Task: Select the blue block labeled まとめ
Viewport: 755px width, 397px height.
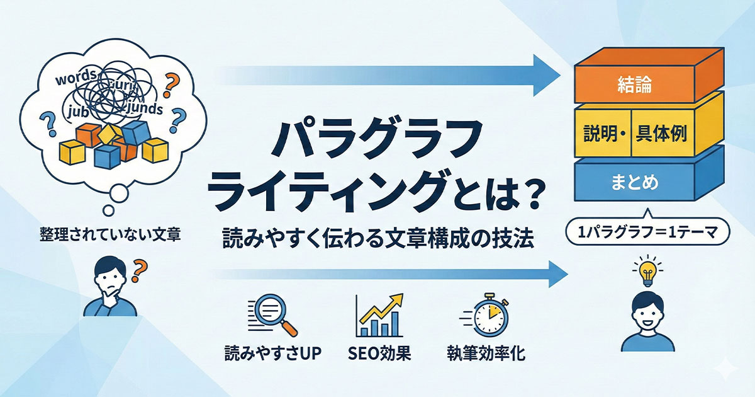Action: pos(635,183)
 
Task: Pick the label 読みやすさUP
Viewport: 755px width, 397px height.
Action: pos(273,354)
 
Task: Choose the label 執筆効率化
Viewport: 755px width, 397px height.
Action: pos(486,354)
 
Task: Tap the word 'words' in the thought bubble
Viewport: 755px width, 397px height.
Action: pos(75,81)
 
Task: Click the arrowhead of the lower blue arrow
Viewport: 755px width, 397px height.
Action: pos(554,275)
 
